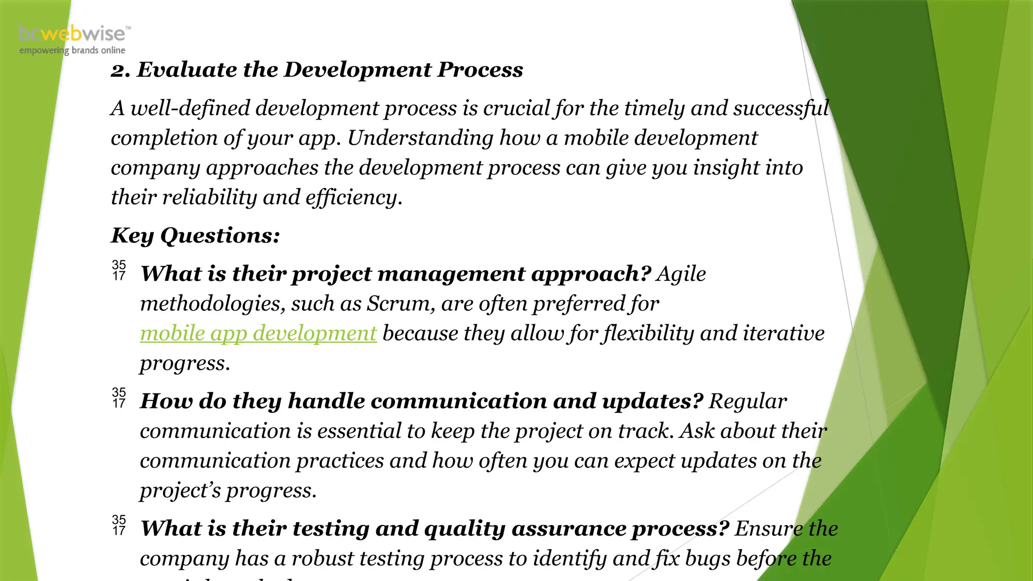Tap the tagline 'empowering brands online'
pos(72,50)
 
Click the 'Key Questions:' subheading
pos(195,236)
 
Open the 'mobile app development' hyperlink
pos(258,333)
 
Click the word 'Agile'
pos(681,274)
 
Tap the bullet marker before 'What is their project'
pos(119,270)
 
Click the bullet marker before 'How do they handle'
pos(119,398)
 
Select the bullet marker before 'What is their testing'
pos(119,526)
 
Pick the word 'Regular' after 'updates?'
pos(748,401)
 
